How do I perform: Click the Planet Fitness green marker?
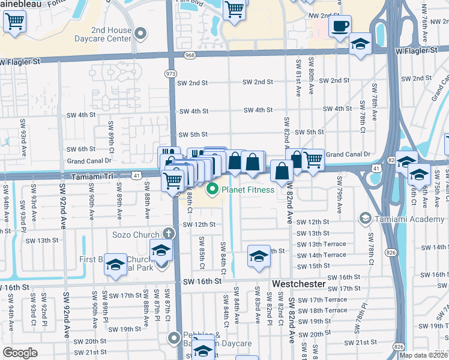click(212, 190)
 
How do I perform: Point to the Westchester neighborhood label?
click(298, 283)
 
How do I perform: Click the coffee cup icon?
click(340, 26)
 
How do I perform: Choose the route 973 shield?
click(171, 73)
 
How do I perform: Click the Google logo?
click(20, 353)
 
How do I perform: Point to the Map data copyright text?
click(424, 355)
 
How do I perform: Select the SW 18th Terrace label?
click(322, 310)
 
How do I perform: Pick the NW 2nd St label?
click(322, 14)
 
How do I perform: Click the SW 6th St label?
click(81, 149)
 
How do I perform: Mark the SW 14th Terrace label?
click(322, 255)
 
